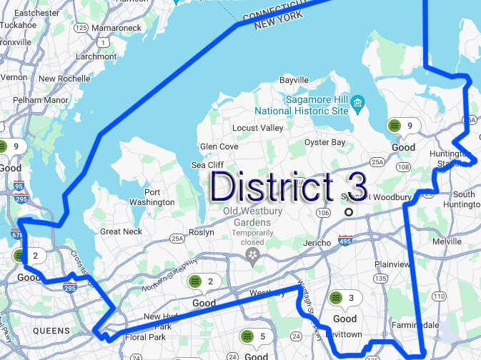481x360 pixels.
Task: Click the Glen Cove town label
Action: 219,146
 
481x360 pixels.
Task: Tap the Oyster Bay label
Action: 324,142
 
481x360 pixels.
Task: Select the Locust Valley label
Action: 257,128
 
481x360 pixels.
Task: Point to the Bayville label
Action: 294,80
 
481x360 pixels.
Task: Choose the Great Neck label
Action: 121,231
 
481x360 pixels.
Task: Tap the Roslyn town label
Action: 201,232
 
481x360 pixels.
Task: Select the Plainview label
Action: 393,264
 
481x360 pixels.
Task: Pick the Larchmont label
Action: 95,56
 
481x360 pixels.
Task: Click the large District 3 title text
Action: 289,186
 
